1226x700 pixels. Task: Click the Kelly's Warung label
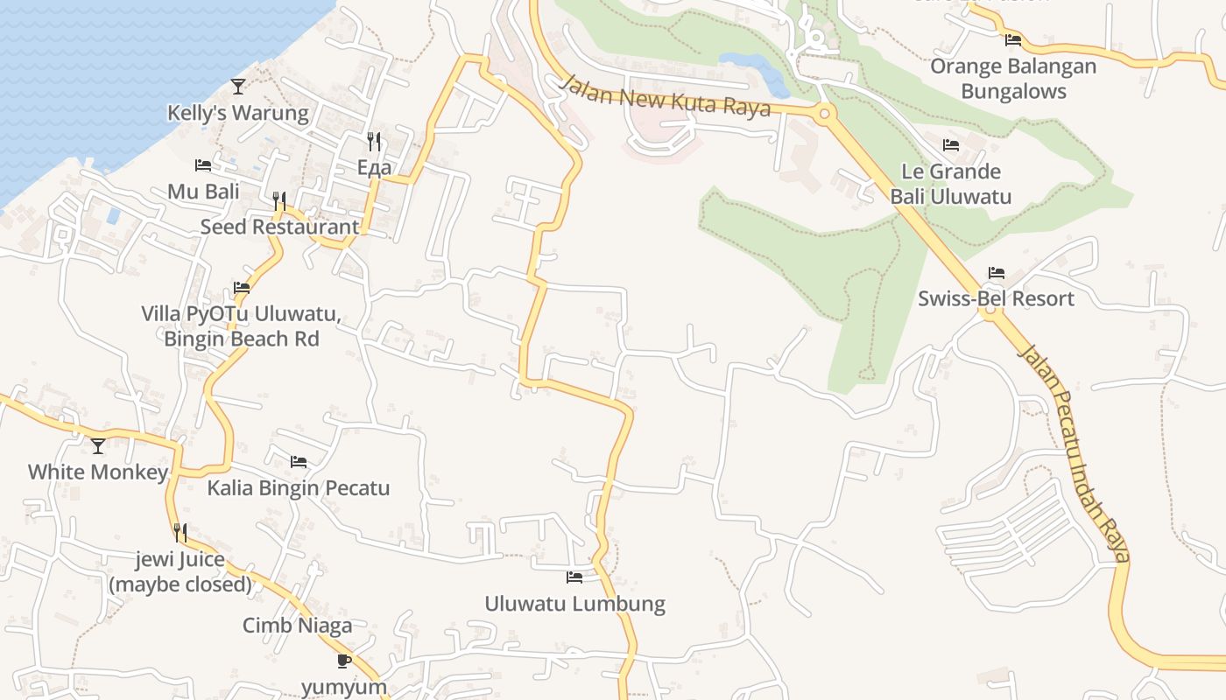point(238,113)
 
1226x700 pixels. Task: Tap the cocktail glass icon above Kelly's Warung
point(238,86)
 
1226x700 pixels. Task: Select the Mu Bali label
point(203,192)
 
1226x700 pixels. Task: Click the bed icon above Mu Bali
point(203,164)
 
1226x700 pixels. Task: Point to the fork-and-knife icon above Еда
point(374,140)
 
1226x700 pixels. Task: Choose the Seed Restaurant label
point(279,227)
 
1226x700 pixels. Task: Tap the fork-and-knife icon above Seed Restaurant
point(279,200)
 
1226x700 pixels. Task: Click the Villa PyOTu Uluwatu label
point(241,325)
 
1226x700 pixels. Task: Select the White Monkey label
point(98,472)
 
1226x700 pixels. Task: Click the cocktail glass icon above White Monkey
point(98,445)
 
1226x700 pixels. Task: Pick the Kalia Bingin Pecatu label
point(299,487)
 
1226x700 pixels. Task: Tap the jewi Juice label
point(180,571)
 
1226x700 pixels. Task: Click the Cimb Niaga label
point(298,626)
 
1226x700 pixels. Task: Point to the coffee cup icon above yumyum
point(344,661)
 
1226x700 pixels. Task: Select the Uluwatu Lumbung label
point(575,604)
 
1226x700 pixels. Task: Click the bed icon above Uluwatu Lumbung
point(574,577)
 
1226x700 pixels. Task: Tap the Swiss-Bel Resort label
point(996,298)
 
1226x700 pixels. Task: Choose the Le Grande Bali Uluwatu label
point(951,184)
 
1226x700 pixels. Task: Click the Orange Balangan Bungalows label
point(1013,79)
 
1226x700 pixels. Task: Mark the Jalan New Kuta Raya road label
point(666,95)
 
